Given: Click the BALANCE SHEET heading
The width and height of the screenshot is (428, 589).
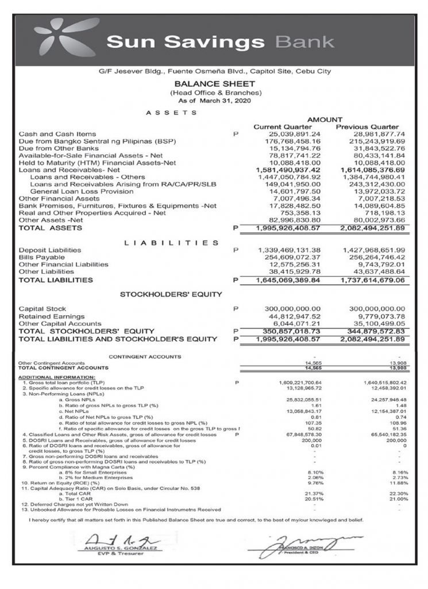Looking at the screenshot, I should pyautogui.click(x=214, y=83).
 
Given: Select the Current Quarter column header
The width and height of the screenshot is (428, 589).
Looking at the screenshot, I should pyautogui.click(x=283, y=127).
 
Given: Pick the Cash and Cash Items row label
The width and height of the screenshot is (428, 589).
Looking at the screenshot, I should pyautogui.click(x=57, y=134).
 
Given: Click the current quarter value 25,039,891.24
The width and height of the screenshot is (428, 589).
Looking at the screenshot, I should pyautogui.click(x=283, y=134).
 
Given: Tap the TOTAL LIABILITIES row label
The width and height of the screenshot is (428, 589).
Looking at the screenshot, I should pyautogui.click(x=56, y=281).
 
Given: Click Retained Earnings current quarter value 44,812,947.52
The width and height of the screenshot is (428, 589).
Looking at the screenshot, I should pyautogui.click(x=286, y=316).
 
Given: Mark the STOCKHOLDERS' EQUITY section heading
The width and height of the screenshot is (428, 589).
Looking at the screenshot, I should pyautogui.click(x=171, y=294).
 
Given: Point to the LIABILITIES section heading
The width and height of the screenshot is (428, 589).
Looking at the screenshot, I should pyautogui.click(x=171, y=242).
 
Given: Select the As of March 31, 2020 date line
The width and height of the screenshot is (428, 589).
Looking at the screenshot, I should pyautogui.click(x=215, y=100).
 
